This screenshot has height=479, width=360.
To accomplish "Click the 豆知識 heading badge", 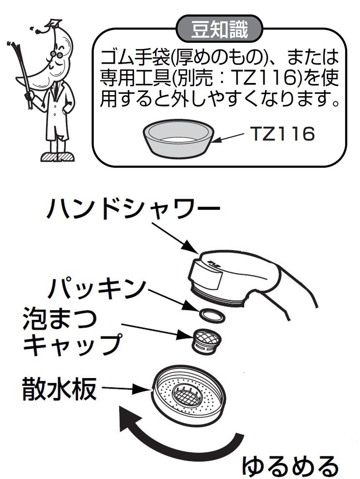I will (x=219, y=29).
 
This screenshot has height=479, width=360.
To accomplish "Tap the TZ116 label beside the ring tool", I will (x=281, y=134).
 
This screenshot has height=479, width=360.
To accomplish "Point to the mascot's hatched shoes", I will (x=57, y=157).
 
